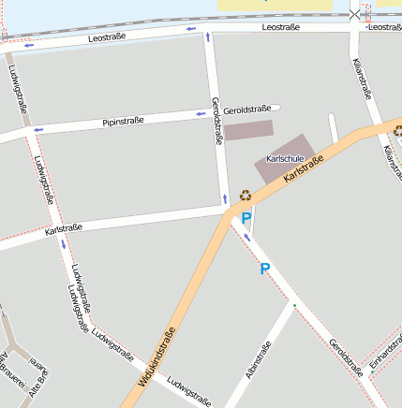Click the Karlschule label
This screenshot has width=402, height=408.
pos(284,159)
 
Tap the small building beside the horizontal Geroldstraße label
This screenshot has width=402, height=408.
pos(247,130)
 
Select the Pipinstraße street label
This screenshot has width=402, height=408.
pos(123,122)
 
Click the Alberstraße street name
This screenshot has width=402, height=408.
pos(258,360)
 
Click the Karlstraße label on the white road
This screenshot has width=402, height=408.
pos(64,228)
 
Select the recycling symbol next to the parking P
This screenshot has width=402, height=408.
pos(246,196)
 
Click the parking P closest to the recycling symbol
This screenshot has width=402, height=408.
pos(246,218)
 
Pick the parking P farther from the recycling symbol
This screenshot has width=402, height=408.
pos(264,270)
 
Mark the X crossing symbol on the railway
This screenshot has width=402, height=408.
pos(354,14)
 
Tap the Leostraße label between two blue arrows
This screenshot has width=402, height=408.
pos(107,38)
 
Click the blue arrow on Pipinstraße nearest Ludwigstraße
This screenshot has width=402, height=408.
pos(37,129)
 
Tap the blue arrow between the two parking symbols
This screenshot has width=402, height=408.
pos(247,237)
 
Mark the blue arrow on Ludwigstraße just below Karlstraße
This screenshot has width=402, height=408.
pos(64,244)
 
